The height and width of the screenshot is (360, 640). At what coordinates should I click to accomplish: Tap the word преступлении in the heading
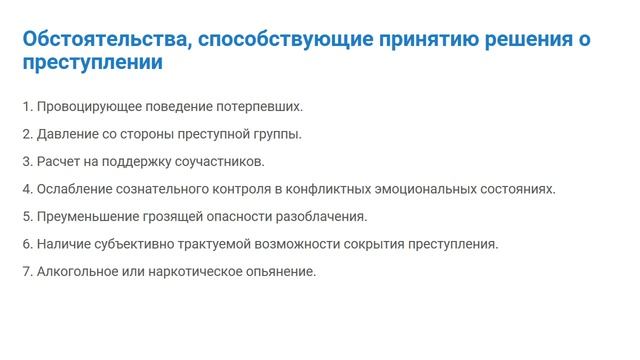[x=93, y=63]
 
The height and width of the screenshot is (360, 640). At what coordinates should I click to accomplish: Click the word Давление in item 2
[x=65, y=133]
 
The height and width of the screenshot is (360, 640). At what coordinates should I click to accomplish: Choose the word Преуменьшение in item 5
[x=86, y=215]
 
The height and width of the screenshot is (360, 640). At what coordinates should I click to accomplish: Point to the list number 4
[x=25, y=188]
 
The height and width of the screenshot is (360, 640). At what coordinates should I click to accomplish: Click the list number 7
[x=25, y=270]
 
